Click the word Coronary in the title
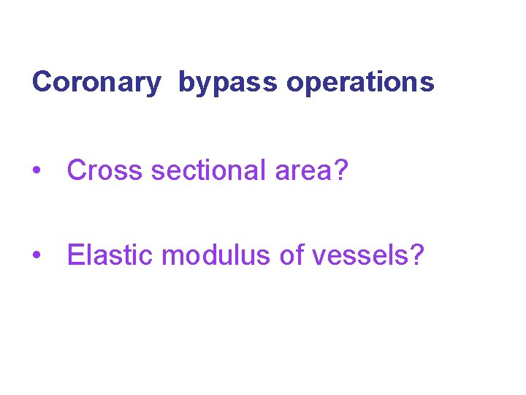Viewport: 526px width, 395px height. (x=96, y=83)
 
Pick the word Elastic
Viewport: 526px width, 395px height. (x=110, y=255)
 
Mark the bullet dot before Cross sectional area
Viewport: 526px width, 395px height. (x=36, y=172)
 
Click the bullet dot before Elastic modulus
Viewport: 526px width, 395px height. (x=36, y=257)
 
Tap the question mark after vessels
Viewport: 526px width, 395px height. (x=417, y=255)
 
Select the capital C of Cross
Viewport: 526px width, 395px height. (x=77, y=170)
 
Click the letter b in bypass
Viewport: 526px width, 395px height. (x=185, y=83)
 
